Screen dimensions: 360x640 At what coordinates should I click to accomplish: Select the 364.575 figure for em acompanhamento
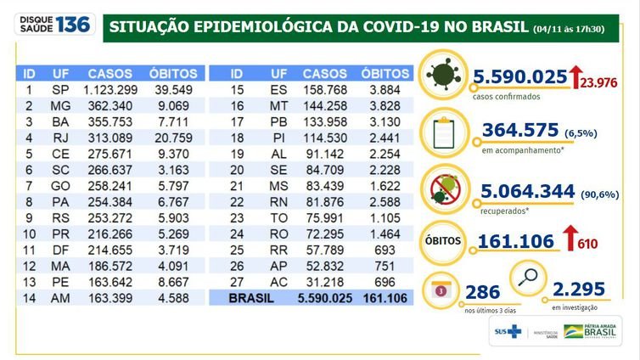pyautogui.click(x=519, y=130)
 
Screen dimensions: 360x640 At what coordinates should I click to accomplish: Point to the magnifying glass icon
pyautogui.click(x=525, y=278)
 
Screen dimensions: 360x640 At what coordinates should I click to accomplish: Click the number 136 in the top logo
pyautogui.click(x=75, y=25)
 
